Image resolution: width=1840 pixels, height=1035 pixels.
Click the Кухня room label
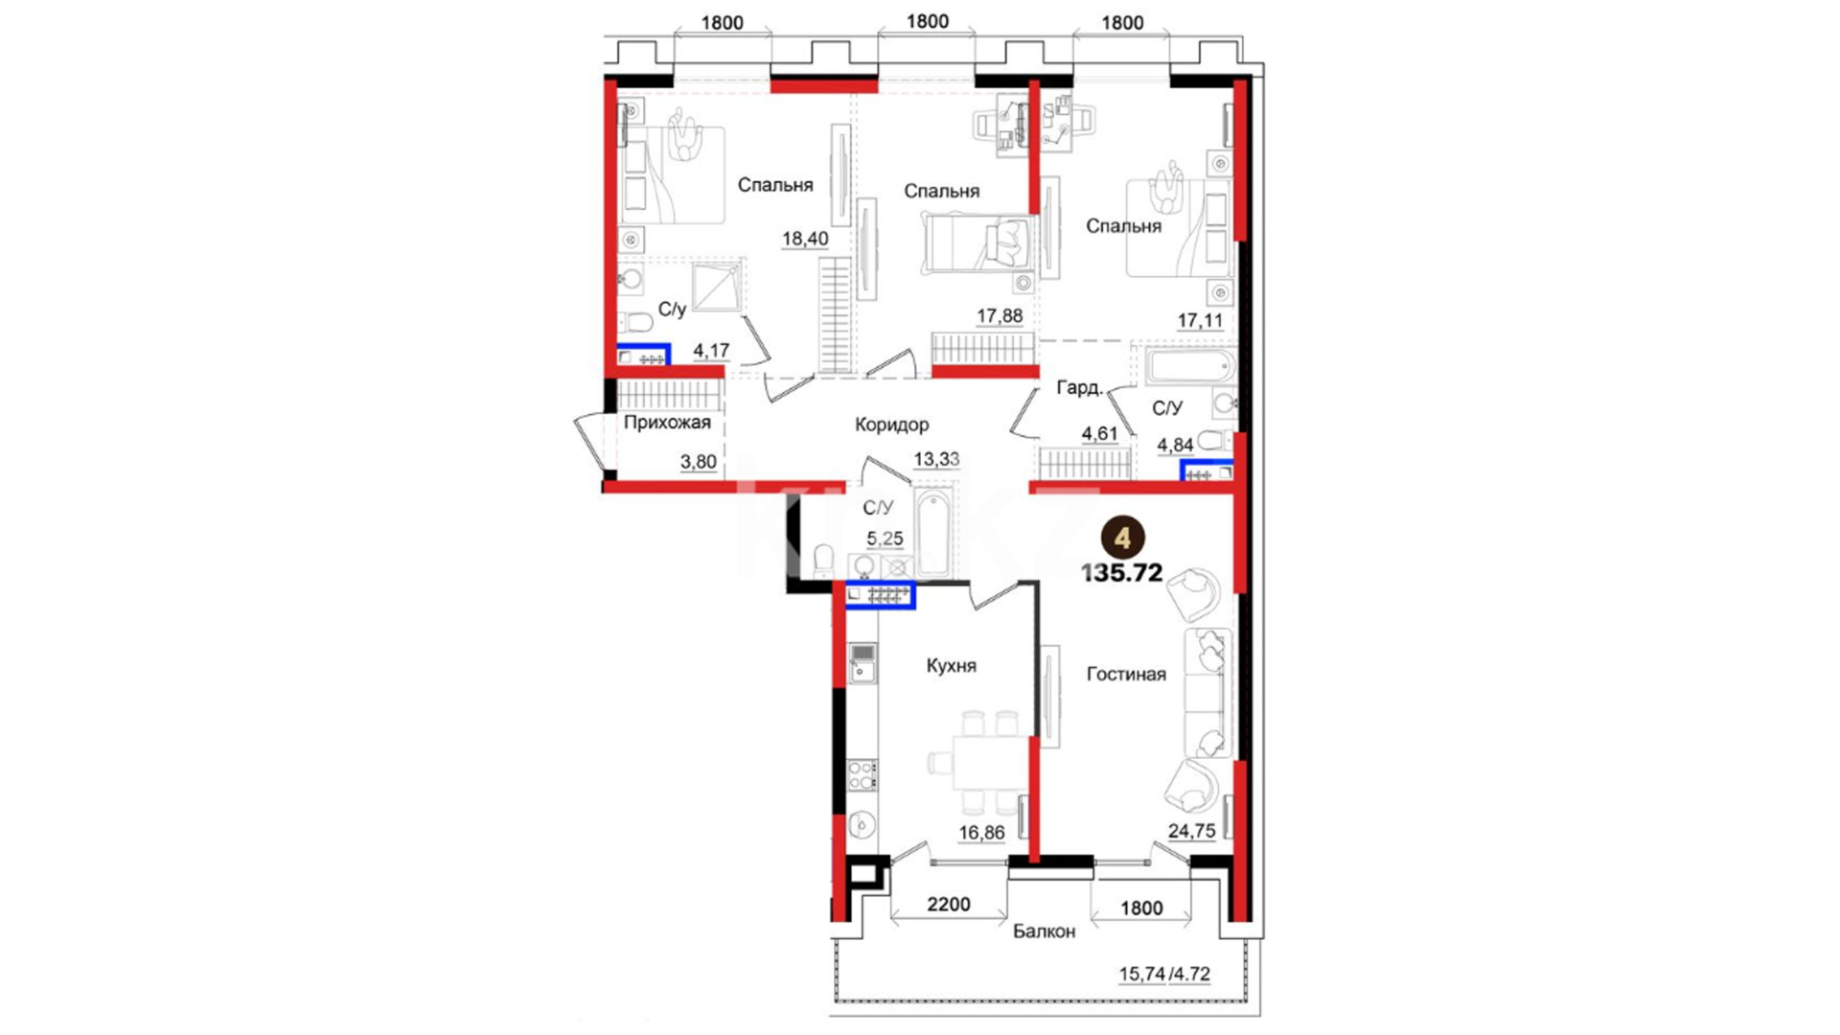(951, 666)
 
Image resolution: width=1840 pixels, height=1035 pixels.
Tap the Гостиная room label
(1126, 675)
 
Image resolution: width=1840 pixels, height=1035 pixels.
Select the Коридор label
(891, 425)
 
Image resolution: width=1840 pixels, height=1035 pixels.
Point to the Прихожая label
(667, 423)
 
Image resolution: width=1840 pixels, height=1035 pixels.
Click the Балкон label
(1044, 931)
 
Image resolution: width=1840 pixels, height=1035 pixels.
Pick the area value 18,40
(805, 239)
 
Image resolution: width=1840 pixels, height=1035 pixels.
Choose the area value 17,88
(1000, 315)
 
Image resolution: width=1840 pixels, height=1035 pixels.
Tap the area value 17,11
(1200, 321)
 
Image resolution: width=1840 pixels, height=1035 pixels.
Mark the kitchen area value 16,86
(981, 833)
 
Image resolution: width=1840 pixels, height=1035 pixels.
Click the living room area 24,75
(1191, 831)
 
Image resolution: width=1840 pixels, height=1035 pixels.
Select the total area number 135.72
(1121, 573)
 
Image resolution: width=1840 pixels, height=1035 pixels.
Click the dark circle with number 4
(1122, 538)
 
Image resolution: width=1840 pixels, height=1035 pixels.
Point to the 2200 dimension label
(948, 904)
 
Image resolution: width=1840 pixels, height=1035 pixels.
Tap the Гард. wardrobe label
(1079, 388)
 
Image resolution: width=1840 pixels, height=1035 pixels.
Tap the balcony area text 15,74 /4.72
(1164, 975)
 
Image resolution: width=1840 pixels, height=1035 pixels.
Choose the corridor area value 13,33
(936, 459)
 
